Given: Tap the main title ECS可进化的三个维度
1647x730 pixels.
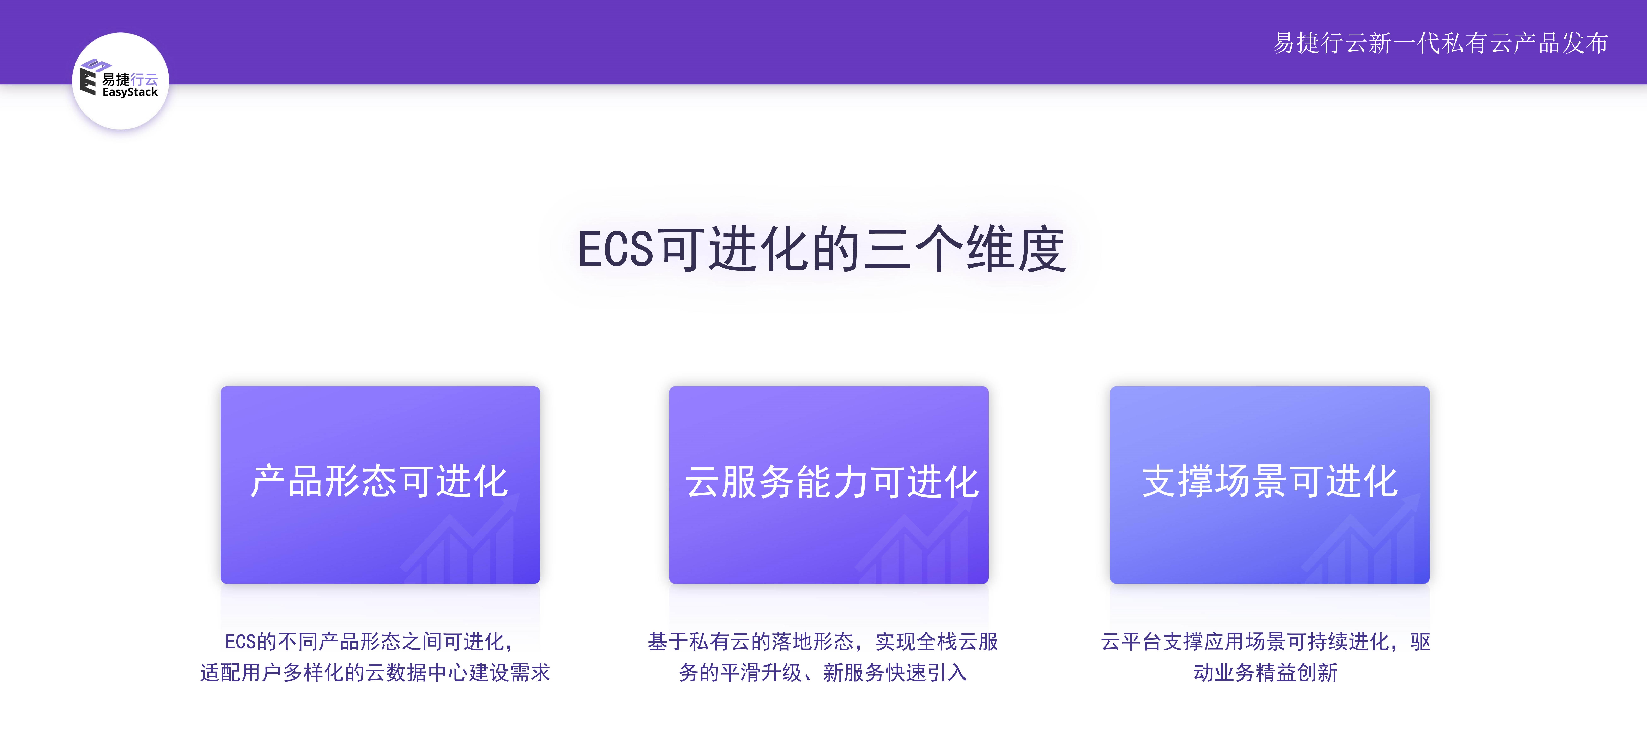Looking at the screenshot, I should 822,249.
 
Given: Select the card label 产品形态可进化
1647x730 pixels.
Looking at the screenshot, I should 380,481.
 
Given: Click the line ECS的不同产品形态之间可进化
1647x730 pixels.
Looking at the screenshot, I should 370,641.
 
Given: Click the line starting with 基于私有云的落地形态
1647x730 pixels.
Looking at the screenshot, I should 823,641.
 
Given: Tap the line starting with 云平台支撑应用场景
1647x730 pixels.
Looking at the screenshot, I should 1265,641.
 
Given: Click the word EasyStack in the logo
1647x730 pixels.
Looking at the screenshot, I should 130,92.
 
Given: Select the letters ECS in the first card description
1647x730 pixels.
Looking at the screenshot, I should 240,641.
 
